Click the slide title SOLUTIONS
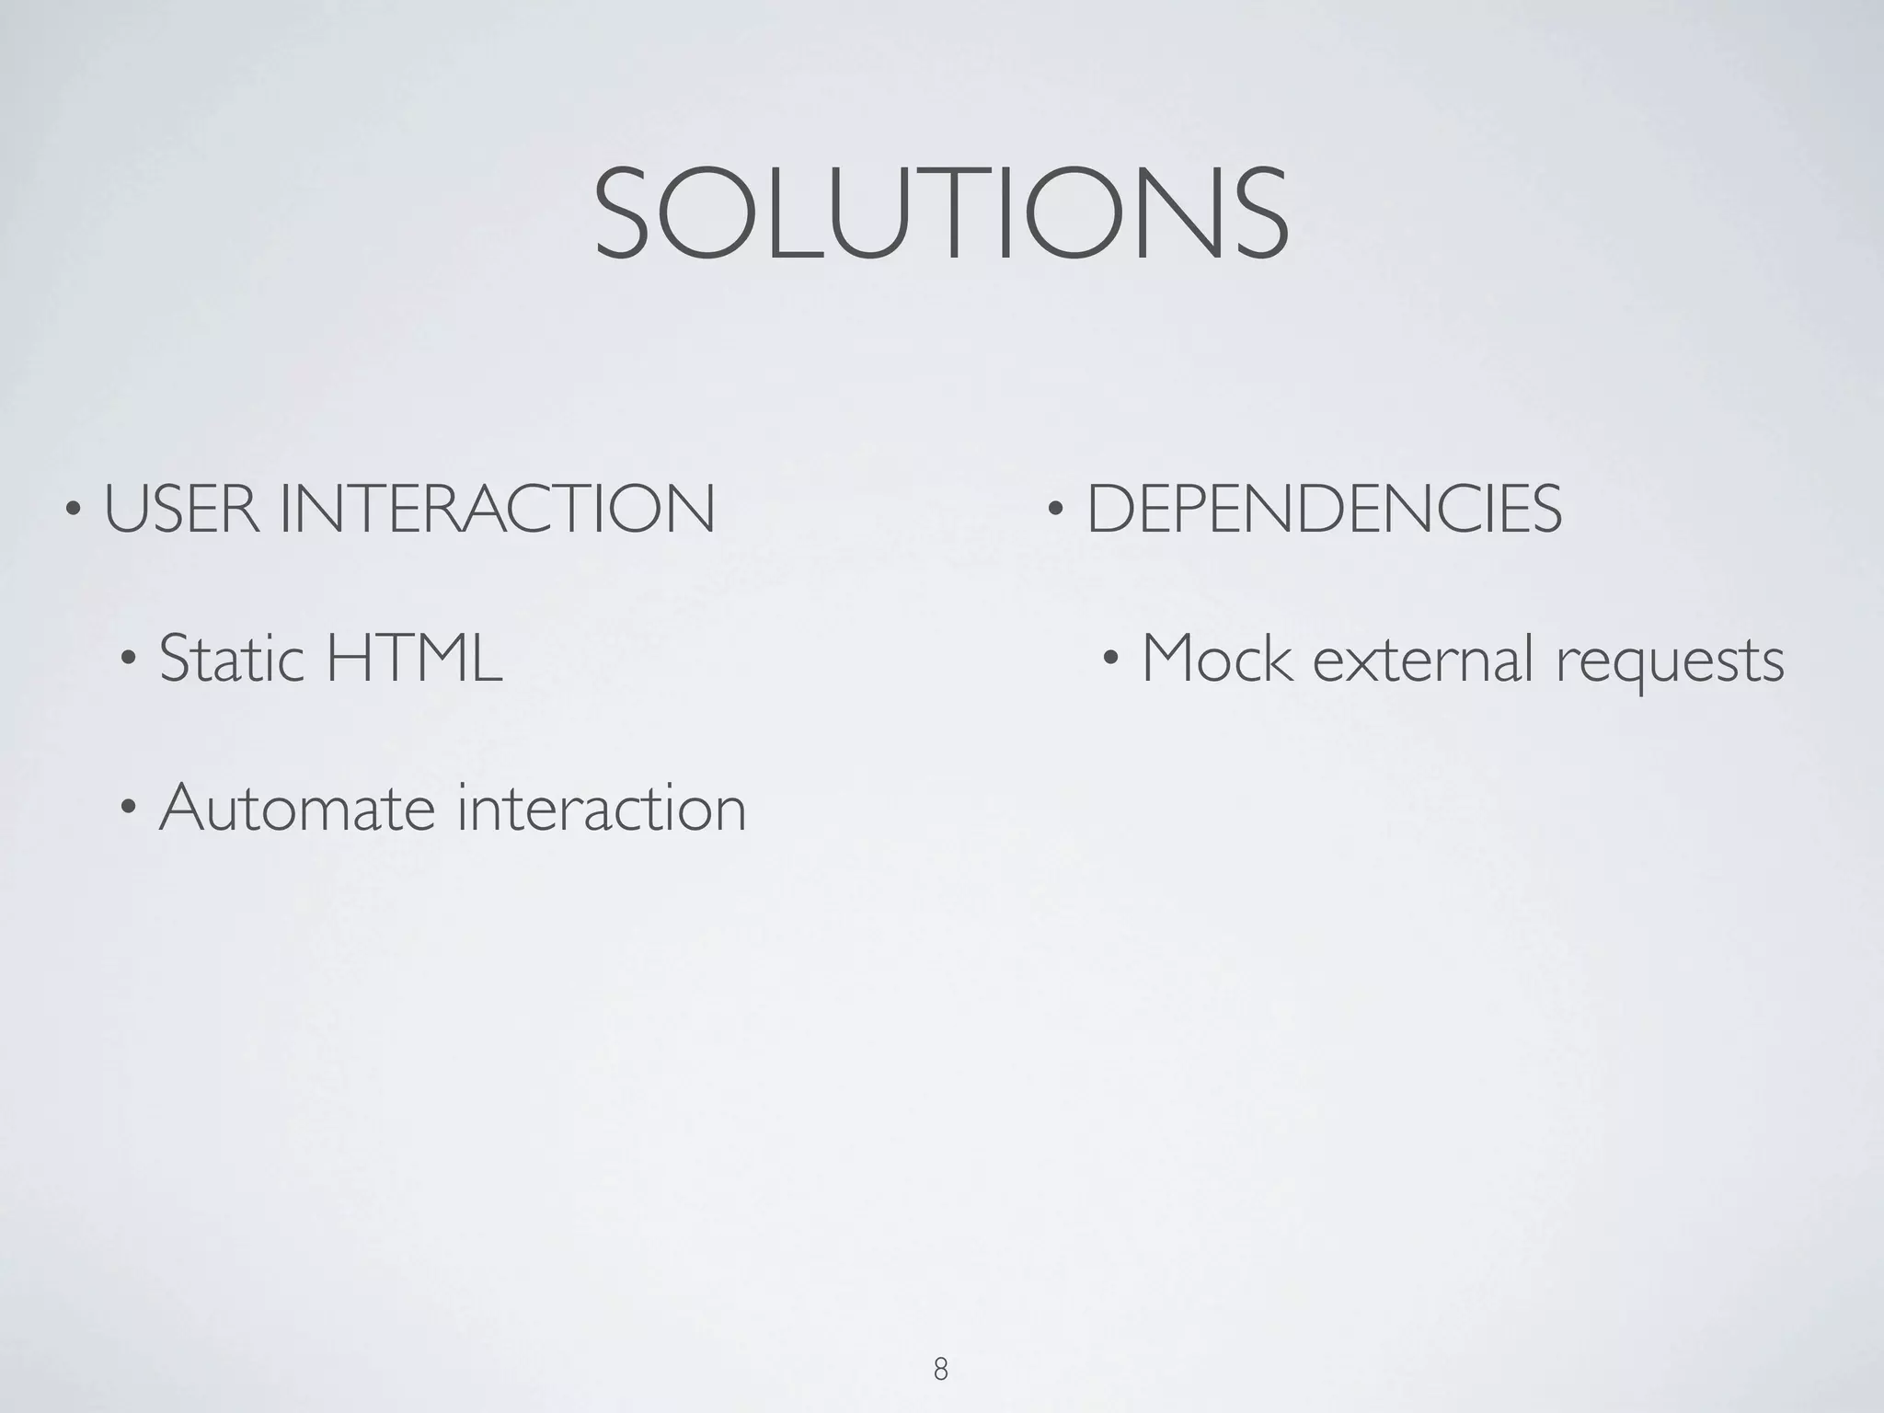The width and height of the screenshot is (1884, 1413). tap(941, 214)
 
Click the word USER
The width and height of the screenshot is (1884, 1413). tap(181, 509)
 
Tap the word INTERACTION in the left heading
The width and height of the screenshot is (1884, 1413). tap(497, 509)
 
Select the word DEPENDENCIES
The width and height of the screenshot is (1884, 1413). tap(1324, 509)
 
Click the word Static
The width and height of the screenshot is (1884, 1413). tap(231, 658)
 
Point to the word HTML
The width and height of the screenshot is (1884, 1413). tap(414, 658)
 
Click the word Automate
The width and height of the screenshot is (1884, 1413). tap(295, 808)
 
